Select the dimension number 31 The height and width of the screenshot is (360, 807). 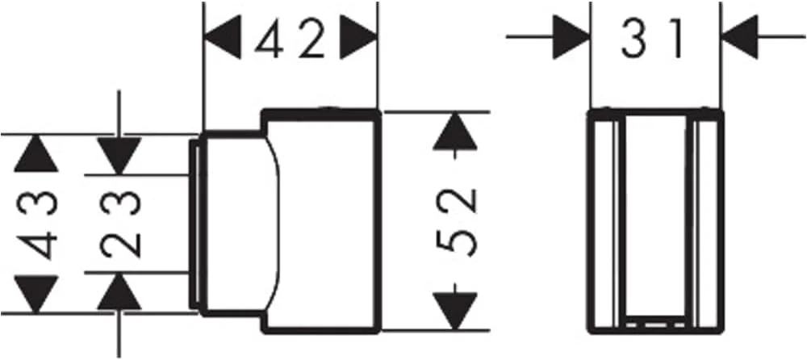[x=654, y=39]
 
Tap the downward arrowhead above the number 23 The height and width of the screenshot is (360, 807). [x=119, y=153]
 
